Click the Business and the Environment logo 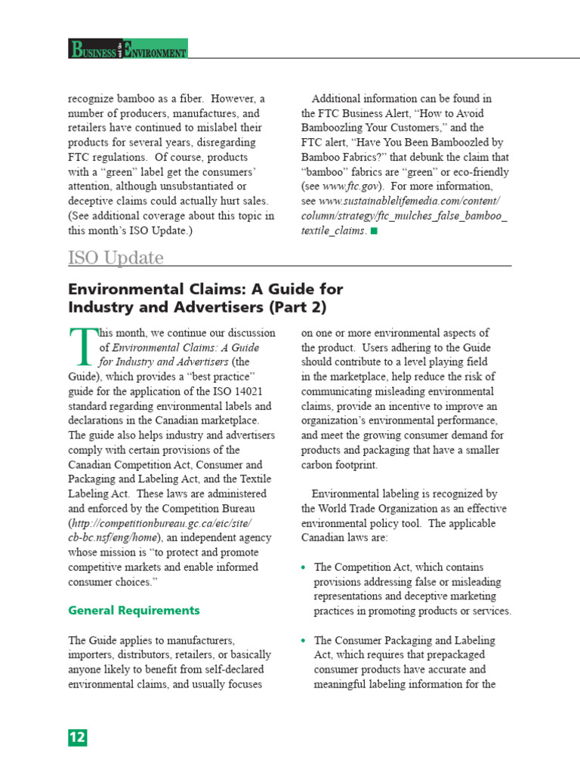tap(128, 49)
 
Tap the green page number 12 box tap(78, 738)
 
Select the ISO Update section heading tap(116, 258)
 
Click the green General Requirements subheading tap(134, 610)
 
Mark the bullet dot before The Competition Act tap(304, 567)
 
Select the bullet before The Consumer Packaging tap(304, 640)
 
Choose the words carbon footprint tap(339, 464)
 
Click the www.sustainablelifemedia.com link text tap(409, 201)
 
